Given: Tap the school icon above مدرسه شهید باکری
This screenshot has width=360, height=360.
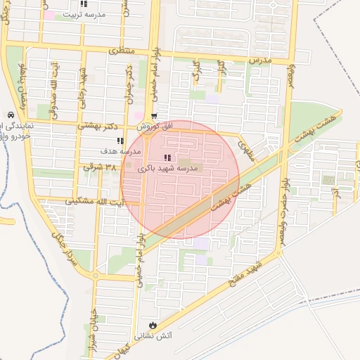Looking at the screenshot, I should [167, 157].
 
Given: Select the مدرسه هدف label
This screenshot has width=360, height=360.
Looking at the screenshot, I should [120, 152].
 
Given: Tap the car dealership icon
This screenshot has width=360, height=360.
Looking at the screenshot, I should [10, 115].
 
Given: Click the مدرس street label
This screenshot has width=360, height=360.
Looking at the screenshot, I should [260, 62].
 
